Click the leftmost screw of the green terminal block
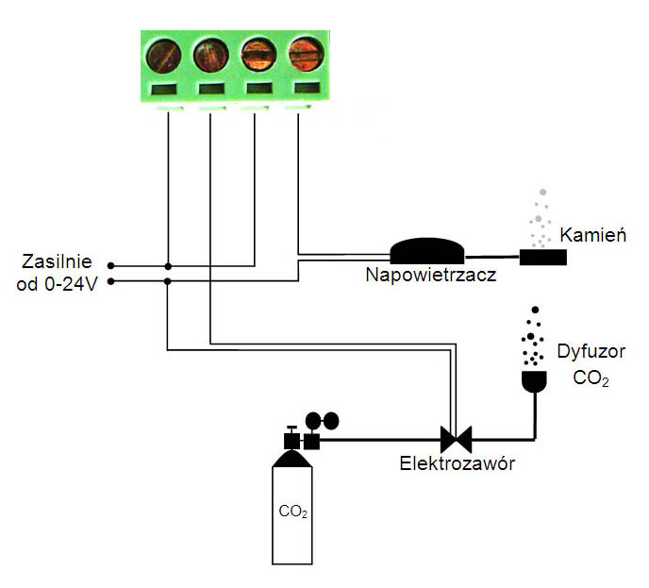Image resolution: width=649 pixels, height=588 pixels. (x=167, y=54)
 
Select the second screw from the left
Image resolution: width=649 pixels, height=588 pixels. (x=211, y=54)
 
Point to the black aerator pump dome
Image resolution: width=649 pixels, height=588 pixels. (x=427, y=249)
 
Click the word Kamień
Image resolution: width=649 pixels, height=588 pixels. (x=593, y=235)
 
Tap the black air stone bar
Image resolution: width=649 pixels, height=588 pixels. (x=542, y=257)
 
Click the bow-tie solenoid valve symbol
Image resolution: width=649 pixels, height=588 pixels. (x=457, y=439)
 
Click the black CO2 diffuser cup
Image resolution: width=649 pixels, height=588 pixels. (x=535, y=381)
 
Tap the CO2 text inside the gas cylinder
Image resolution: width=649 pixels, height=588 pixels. (x=293, y=513)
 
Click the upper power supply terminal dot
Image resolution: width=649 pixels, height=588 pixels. (x=110, y=266)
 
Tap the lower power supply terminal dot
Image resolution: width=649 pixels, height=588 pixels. (x=110, y=281)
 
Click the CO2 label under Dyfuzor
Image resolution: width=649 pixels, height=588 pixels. (x=591, y=379)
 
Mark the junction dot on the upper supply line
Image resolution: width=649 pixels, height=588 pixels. (x=167, y=266)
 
